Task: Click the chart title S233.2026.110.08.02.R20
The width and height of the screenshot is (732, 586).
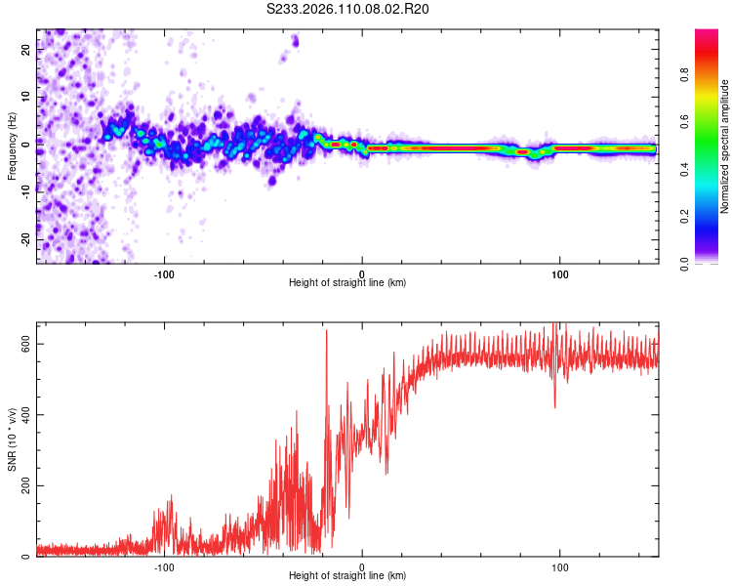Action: tap(348, 9)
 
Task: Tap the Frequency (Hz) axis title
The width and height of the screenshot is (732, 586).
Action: tap(12, 146)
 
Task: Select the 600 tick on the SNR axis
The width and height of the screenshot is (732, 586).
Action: tap(27, 344)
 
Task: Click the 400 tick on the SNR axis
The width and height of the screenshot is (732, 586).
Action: tap(27, 415)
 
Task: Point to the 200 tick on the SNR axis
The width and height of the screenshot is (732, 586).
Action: tap(27, 485)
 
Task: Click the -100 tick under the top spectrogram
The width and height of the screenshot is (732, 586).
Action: tap(164, 274)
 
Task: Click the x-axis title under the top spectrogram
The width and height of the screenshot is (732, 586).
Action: tap(347, 283)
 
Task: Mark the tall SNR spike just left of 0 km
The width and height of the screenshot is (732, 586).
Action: tap(326, 332)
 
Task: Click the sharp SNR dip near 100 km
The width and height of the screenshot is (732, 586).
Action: tap(554, 406)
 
